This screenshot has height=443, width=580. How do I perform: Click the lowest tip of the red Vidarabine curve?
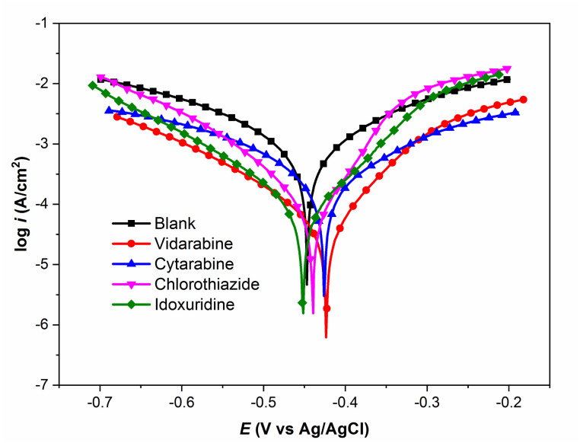[326, 337]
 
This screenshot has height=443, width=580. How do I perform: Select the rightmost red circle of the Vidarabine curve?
[524, 100]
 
